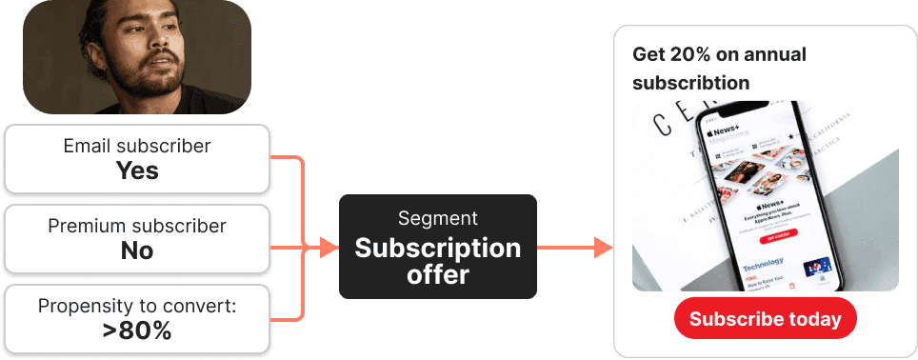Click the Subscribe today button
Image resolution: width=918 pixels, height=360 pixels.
765,319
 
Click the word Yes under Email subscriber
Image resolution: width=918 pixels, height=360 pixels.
137,170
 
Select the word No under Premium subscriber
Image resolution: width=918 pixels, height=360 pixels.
137,250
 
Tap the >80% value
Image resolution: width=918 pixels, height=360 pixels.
137,330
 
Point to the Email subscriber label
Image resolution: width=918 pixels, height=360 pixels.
137,147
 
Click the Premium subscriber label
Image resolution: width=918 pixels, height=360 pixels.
137,227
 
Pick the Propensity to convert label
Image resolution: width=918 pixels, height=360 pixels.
137,307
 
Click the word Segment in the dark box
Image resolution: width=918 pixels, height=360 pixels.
437,218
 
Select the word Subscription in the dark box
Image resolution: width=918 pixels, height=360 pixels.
437,248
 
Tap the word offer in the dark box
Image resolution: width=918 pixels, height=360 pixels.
437,274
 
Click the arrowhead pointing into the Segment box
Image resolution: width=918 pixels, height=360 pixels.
329,249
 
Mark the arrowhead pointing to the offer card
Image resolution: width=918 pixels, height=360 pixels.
602,249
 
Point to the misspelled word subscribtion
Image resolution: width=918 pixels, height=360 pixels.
690,83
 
